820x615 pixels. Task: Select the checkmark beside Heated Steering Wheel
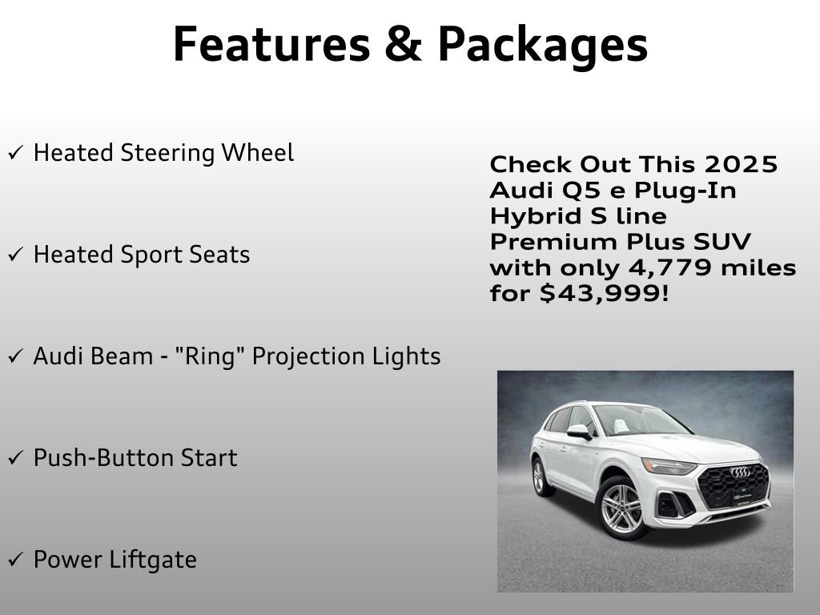point(15,153)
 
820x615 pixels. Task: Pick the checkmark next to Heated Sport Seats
point(15,255)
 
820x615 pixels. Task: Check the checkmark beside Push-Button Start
point(15,458)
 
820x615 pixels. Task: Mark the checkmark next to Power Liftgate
point(15,560)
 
